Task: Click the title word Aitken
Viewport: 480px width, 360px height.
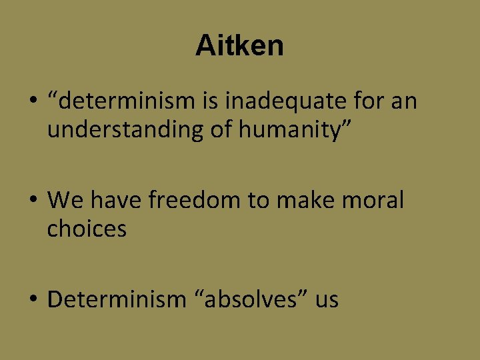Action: coord(239,45)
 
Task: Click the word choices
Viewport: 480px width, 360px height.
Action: coord(87,229)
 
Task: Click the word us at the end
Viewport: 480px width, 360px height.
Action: coord(327,299)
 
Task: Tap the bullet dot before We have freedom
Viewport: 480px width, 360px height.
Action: coord(32,199)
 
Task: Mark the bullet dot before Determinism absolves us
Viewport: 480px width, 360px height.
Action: coord(32,300)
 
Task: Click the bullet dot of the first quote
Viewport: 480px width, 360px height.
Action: coord(32,103)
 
